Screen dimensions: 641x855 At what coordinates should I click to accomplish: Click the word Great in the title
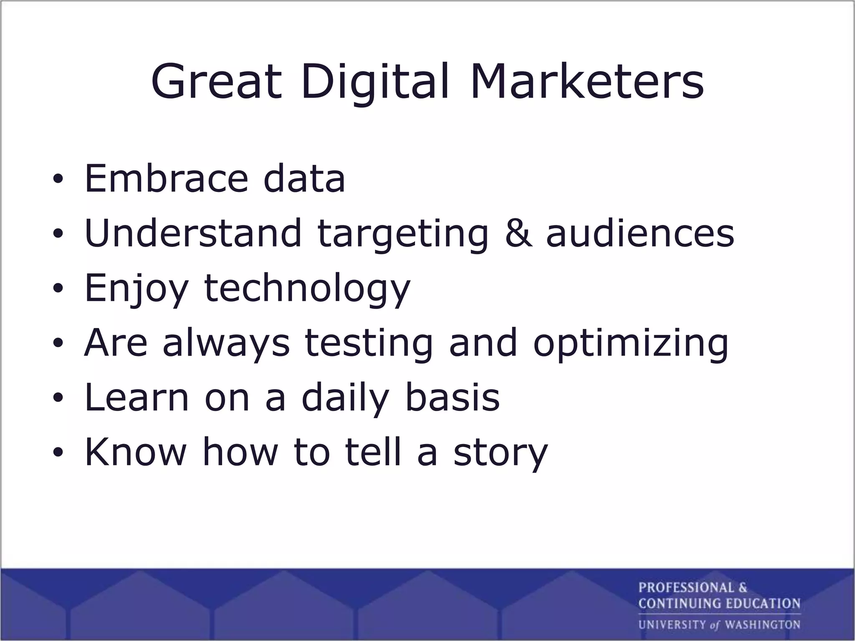coord(217,81)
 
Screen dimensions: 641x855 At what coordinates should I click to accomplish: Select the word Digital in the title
coord(375,81)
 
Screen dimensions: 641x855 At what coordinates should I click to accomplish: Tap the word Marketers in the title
coord(587,81)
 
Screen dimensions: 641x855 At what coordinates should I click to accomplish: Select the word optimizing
coord(630,343)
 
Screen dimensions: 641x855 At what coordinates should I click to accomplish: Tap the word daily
coord(345,397)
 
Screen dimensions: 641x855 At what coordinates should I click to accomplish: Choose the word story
coord(500,453)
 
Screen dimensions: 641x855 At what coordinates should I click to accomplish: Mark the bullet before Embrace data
coord(58,180)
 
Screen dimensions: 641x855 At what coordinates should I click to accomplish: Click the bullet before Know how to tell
coord(58,453)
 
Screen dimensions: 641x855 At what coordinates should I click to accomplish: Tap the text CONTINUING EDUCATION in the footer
coord(719,603)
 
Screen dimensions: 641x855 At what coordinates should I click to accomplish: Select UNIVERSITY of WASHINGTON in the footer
coord(719,625)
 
